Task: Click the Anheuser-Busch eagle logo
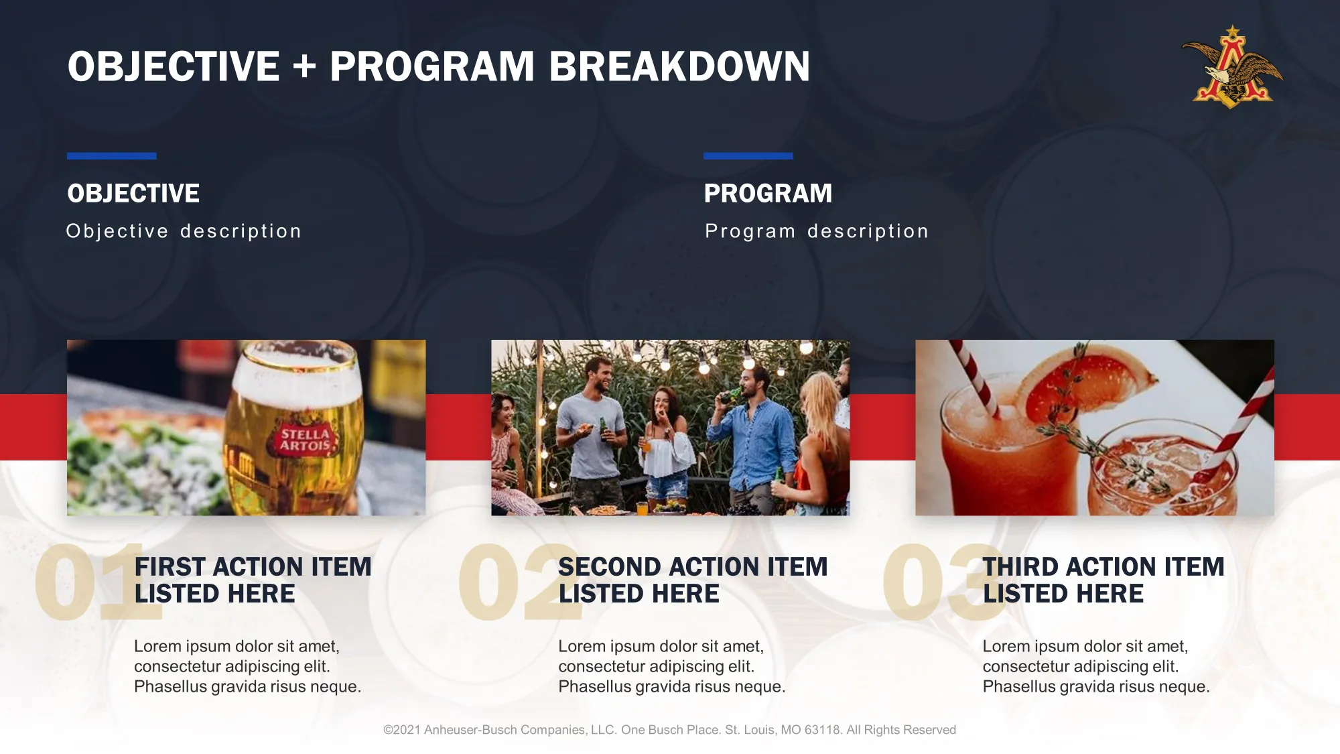[x=1231, y=67]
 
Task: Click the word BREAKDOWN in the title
[x=679, y=66]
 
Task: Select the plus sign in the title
[x=304, y=67]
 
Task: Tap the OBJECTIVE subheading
[x=133, y=194]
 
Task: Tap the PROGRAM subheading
[x=768, y=194]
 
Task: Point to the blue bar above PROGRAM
[x=748, y=156]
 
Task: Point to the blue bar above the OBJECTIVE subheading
[x=111, y=156]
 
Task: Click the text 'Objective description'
[x=184, y=231]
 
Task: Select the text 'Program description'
[x=817, y=231]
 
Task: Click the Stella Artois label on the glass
[x=305, y=439]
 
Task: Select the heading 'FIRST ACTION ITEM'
[x=253, y=567]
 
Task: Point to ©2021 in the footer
[x=401, y=730]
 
